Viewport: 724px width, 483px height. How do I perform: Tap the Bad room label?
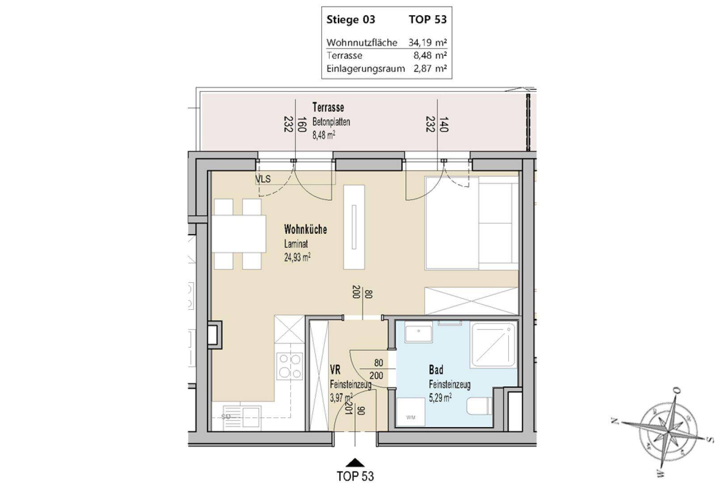point(436,369)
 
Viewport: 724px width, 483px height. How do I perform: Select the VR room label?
point(335,369)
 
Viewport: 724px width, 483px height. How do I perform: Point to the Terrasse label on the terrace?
point(328,107)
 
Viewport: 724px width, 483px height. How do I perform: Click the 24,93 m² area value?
point(297,258)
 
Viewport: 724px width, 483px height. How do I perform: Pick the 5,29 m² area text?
point(440,398)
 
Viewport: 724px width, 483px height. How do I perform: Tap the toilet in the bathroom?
point(480,410)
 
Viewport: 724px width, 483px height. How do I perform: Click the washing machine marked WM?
point(410,412)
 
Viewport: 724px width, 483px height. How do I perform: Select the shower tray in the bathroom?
point(493,345)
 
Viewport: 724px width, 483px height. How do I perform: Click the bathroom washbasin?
point(418,331)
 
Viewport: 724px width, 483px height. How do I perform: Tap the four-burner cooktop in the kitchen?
point(290,367)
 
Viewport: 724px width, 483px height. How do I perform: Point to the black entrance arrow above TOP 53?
point(355,462)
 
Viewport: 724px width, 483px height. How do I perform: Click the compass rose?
point(667,432)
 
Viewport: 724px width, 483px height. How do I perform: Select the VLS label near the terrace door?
point(263,179)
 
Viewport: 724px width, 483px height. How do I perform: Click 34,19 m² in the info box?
point(428,42)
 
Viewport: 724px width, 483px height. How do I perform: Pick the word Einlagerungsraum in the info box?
point(366,69)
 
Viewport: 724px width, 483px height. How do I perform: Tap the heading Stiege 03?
point(351,20)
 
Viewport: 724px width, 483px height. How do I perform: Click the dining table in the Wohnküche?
point(239,233)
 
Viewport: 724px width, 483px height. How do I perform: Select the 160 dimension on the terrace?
point(301,124)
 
